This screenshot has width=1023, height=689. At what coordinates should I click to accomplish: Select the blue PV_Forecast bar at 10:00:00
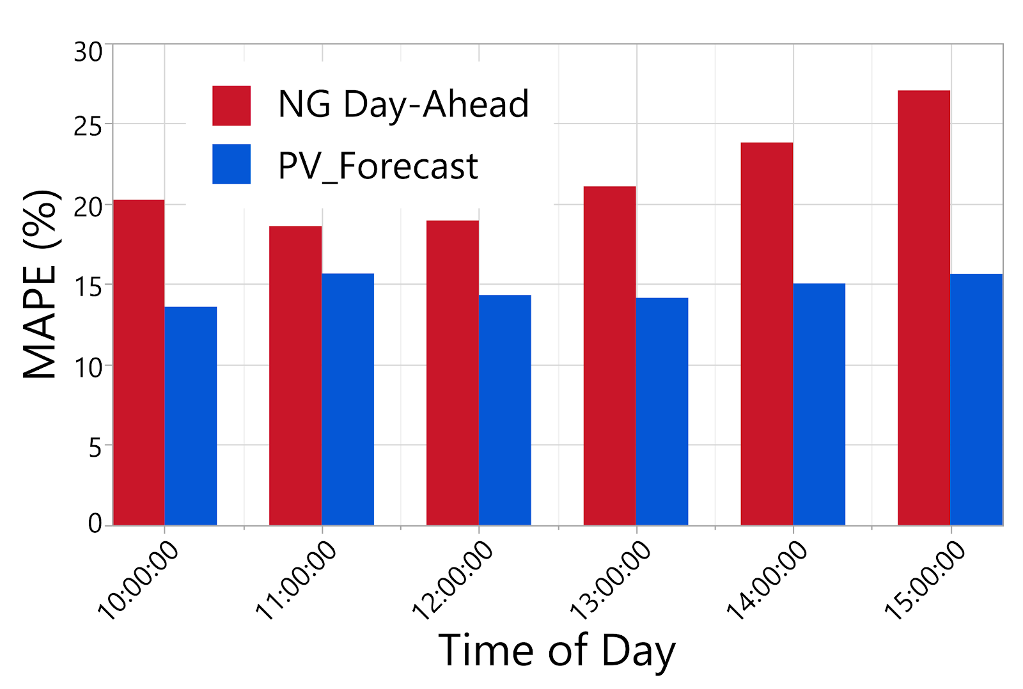[191, 416]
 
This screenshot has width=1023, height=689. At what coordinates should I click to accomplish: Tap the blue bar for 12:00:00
[504, 410]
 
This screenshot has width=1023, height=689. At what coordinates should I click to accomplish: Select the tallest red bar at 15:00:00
[924, 308]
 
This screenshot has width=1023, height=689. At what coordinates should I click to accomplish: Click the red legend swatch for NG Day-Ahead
[231, 106]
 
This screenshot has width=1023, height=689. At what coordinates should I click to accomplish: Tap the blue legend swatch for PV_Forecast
[231, 164]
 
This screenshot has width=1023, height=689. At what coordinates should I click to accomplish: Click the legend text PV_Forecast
[378, 166]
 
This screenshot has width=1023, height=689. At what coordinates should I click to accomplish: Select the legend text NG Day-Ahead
[403, 104]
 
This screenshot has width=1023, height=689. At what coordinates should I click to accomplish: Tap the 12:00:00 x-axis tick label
[453, 580]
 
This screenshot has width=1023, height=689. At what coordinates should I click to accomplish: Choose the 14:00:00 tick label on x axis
[767, 580]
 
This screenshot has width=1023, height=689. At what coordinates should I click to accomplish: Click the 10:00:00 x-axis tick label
[138, 580]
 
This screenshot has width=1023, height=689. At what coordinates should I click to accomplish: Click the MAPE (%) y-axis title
[40, 284]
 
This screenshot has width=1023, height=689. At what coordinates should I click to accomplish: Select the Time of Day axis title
[556, 651]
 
